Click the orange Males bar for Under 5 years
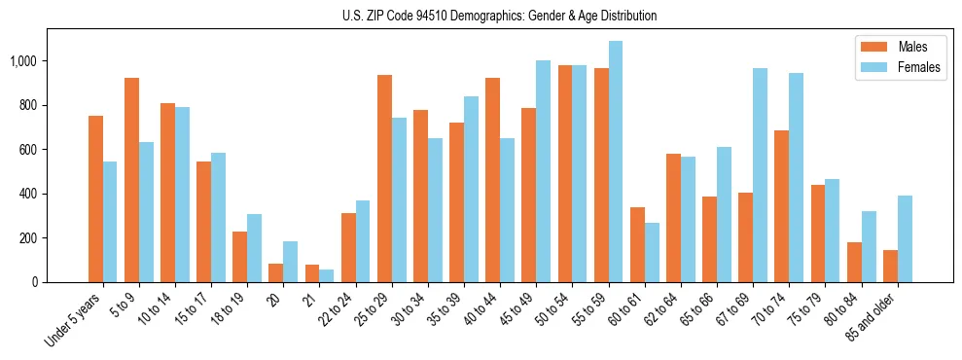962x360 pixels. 95,199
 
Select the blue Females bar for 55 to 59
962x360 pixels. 616,162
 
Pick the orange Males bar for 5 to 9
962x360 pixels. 131,180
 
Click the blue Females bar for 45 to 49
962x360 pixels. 543,171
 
